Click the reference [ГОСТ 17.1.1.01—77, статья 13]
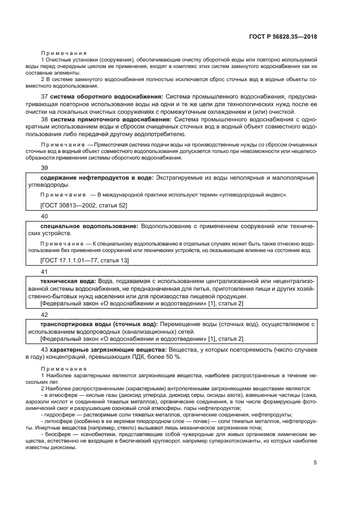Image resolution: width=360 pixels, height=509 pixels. (x=84, y=261)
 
